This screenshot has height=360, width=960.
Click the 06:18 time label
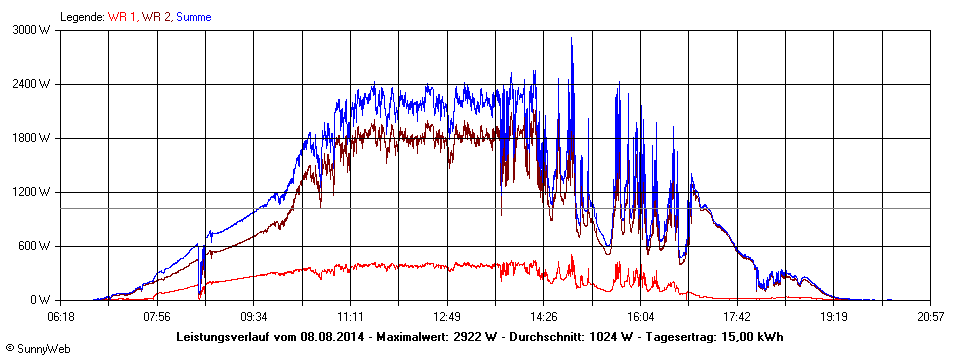61,316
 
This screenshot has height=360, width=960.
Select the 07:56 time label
157,316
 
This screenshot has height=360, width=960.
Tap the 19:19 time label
833,316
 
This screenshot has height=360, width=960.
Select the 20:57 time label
930,316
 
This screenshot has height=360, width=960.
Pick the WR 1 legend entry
122,17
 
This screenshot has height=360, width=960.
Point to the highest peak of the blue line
571,38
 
